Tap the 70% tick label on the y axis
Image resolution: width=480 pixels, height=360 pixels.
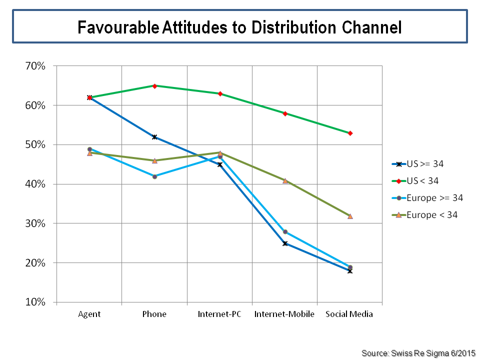[35, 66]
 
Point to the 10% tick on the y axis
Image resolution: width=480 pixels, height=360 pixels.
[35, 302]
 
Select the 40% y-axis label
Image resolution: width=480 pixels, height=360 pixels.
[35, 184]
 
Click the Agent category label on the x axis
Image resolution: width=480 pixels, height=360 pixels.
[89, 314]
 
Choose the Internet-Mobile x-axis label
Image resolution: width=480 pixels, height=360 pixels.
[284, 314]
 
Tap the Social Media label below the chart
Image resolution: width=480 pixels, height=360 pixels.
[349, 314]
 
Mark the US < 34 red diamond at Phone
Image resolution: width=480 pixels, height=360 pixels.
[154, 86]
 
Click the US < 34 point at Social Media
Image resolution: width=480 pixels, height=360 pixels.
[350, 133]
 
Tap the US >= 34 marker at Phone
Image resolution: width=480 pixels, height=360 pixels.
[154, 137]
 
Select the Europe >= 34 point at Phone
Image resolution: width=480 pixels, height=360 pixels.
[154, 176]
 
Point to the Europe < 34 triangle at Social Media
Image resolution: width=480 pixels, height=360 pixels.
[350, 216]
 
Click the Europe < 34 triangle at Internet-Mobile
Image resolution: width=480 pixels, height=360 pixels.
[285, 180]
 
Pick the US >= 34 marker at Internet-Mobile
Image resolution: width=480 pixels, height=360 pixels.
[285, 243]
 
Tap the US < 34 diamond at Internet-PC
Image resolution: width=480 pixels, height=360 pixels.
[220, 94]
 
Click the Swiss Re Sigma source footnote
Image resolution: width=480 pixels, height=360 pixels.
[418, 353]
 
